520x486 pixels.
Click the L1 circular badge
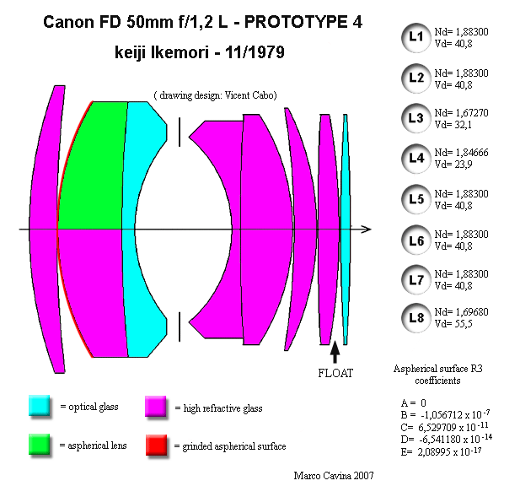point(415,37)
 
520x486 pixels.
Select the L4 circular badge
point(415,159)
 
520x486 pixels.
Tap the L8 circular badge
point(415,318)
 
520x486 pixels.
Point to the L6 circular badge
point(415,240)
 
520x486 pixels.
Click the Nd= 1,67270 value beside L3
point(461,113)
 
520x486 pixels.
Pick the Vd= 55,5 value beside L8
point(453,324)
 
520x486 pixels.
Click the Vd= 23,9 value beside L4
point(453,165)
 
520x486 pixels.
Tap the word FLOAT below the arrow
point(335,373)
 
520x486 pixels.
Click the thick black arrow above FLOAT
point(335,352)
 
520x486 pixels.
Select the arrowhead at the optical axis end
point(367,229)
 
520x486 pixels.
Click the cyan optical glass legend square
point(39,405)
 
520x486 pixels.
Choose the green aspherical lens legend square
point(39,444)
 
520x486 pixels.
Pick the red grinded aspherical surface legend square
point(156,445)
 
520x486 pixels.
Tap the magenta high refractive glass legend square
point(156,406)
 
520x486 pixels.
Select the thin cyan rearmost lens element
point(346,229)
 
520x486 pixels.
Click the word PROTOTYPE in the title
point(295,22)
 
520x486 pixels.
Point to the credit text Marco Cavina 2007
point(334,476)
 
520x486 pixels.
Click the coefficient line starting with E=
point(441,451)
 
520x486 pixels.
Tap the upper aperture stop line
point(180,132)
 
